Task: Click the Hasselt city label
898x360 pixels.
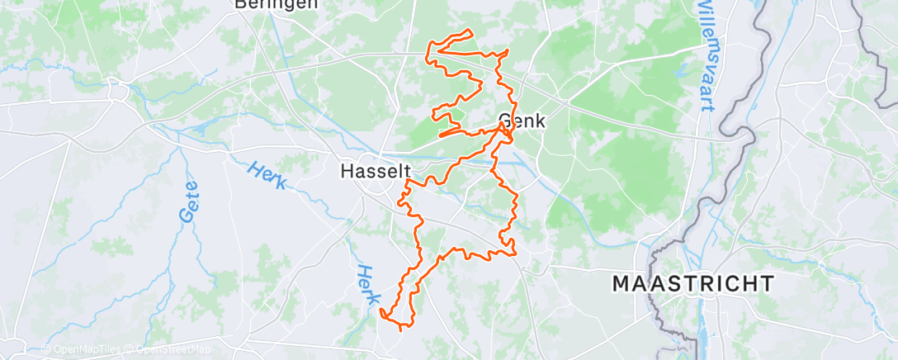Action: click(x=376, y=171)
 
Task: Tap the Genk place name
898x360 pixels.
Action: click(x=522, y=121)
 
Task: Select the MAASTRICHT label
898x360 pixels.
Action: click(x=693, y=283)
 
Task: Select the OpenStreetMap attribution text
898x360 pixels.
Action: click(x=168, y=349)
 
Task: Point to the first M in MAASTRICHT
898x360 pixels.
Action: click(x=622, y=283)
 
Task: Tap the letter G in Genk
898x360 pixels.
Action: click(x=506, y=121)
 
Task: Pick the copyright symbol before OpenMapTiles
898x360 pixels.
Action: click(x=45, y=349)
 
